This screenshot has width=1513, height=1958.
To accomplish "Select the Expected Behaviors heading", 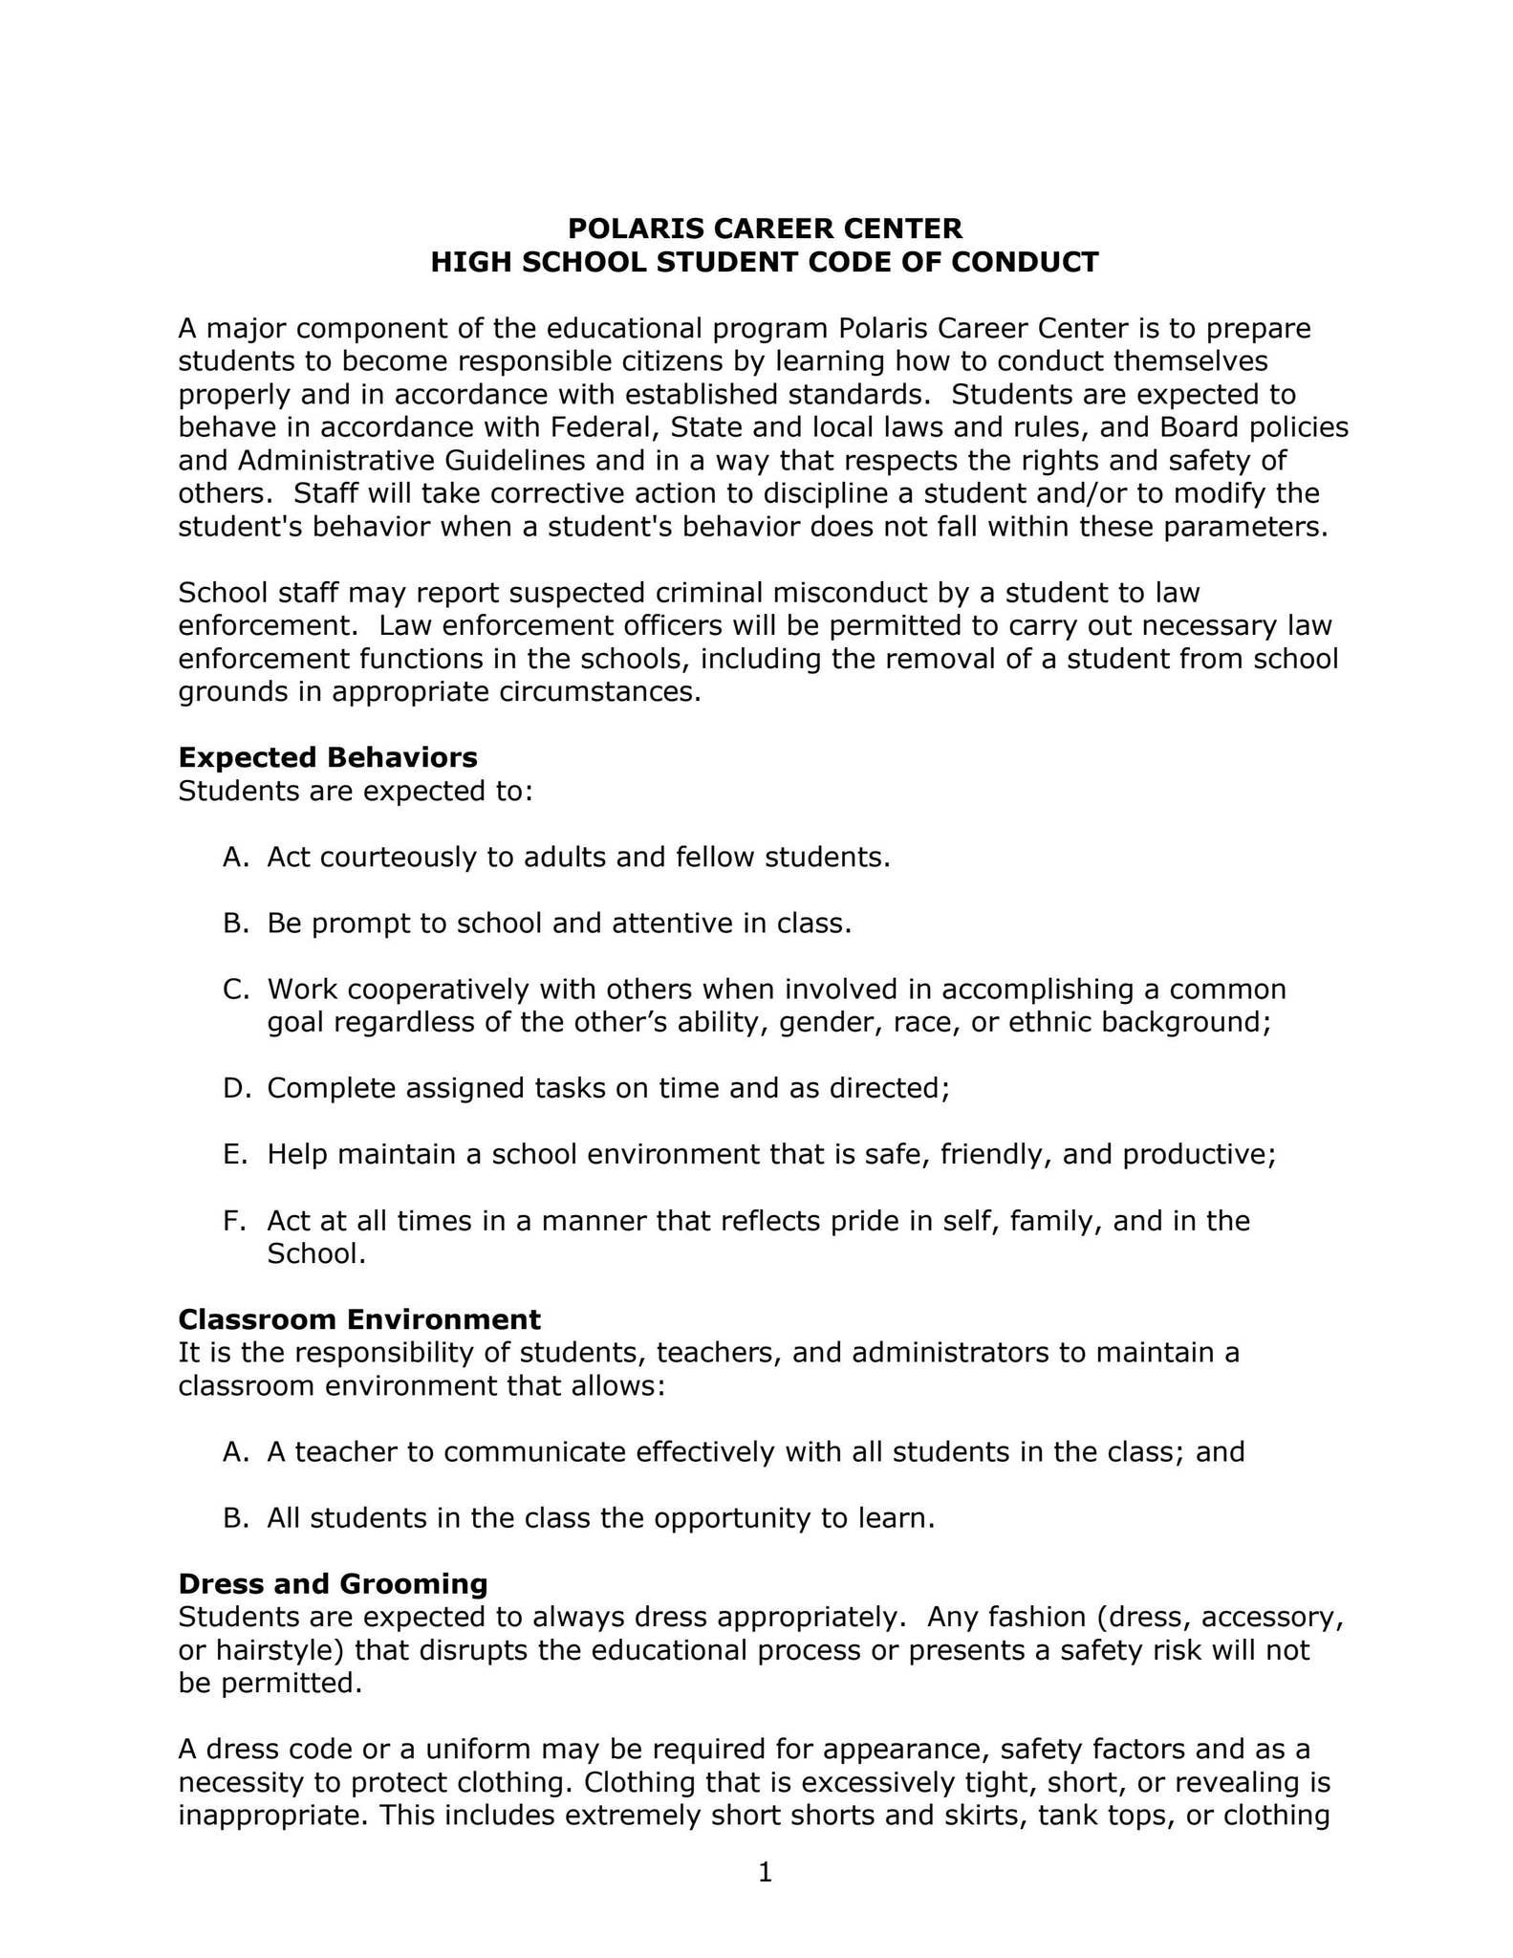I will click(x=328, y=757).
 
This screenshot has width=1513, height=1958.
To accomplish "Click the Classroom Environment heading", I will click(x=359, y=1319).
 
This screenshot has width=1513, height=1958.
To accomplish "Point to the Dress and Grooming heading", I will click(x=333, y=1583).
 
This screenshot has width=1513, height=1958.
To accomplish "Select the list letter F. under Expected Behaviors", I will click(x=234, y=1221).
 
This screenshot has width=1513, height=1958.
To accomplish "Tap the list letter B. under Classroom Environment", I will click(x=235, y=1518).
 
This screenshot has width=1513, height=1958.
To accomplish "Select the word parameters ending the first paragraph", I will click(x=1246, y=527).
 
